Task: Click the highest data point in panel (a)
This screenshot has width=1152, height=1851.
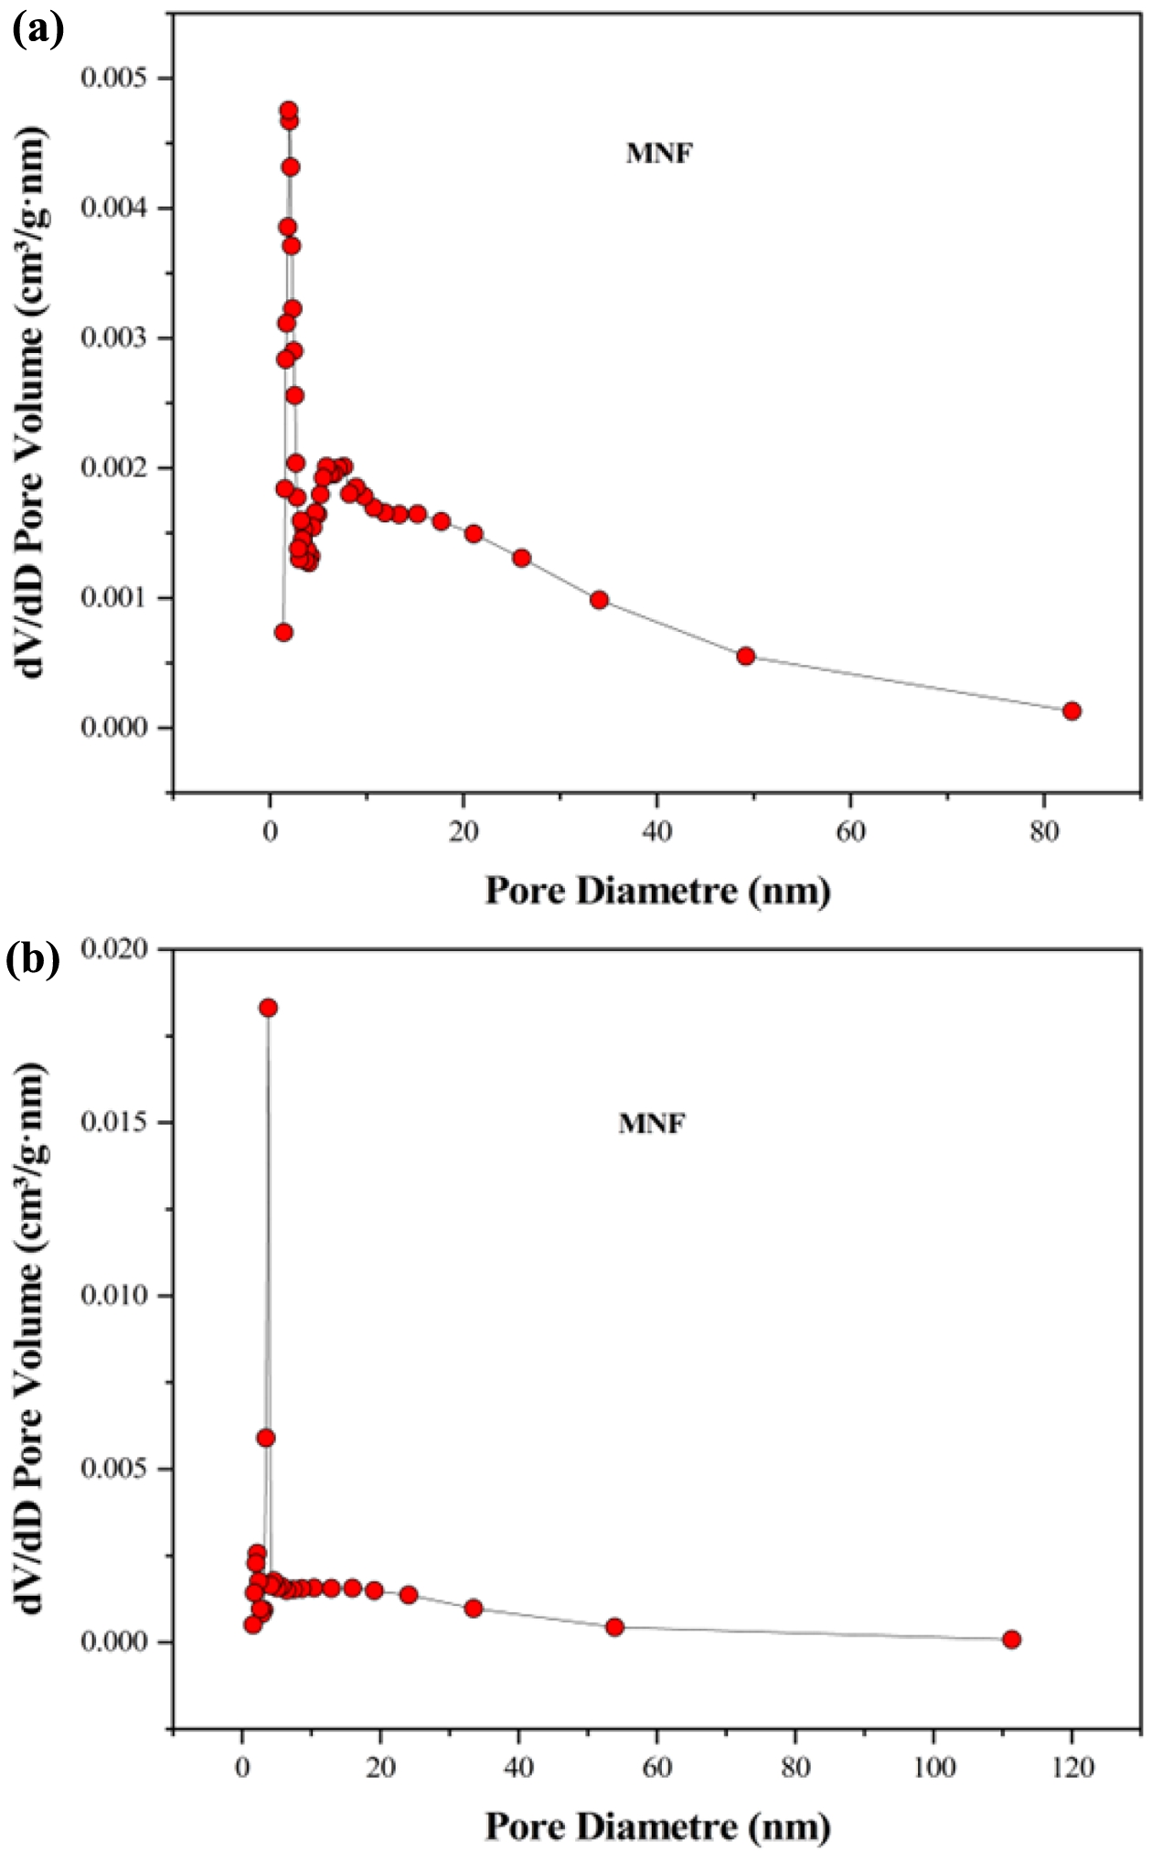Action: pyautogui.click(x=288, y=111)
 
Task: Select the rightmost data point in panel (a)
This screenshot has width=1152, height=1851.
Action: pyautogui.click(x=1072, y=711)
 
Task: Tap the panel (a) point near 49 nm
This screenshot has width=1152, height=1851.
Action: pyautogui.click(x=745, y=656)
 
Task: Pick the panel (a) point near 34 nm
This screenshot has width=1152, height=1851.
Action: pyautogui.click(x=599, y=600)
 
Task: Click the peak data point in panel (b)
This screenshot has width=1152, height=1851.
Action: pyautogui.click(x=268, y=1008)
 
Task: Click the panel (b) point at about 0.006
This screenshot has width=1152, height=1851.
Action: pyautogui.click(x=266, y=1439)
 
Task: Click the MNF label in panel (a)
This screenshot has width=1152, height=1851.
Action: pyautogui.click(x=659, y=154)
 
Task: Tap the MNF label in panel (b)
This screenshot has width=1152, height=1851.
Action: pyautogui.click(x=652, y=1124)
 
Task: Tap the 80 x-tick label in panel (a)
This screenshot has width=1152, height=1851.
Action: pyautogui.click(x=1044, y=833)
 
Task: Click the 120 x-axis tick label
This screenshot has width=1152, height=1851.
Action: pyautogui.click(x=1072, y=1768)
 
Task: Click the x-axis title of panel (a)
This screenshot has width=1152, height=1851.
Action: pyautogui.click(x=657, y=891)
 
